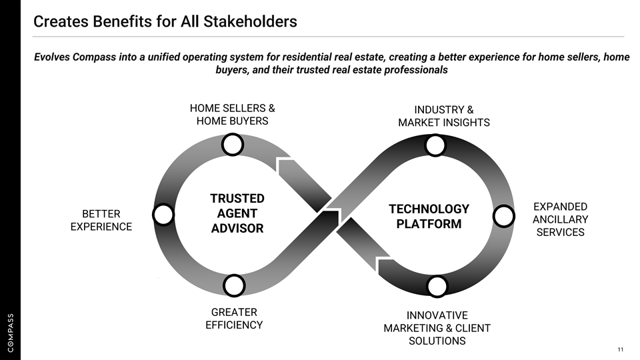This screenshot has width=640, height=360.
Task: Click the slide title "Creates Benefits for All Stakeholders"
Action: point(165,21)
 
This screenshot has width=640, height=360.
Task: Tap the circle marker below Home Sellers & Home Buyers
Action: point(232,145)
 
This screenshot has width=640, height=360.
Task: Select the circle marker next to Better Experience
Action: point(163,215)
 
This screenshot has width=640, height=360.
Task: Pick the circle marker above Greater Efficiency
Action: point(234,285)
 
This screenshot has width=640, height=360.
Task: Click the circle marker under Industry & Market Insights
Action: point(435,145)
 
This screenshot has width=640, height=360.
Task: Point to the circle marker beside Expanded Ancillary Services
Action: point(505,215)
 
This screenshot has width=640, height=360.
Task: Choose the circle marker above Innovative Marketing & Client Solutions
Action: point(437,287)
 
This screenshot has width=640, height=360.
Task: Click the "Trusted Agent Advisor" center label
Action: point(237,213)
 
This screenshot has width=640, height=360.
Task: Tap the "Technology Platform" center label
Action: point(429,217)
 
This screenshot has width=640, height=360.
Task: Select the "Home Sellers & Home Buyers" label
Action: point(232,114)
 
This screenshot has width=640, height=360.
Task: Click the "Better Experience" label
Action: point(101,220)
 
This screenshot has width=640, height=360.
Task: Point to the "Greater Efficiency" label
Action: point(233,318)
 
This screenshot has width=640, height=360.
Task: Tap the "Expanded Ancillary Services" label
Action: point(560,219)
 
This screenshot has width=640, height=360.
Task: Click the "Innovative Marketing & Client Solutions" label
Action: point(437,327)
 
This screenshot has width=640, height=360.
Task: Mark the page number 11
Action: point(620,350)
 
